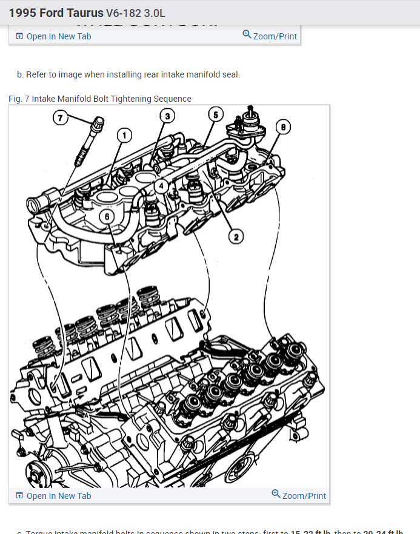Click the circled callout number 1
click(124, 135)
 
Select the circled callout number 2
click(236, 236)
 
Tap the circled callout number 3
click(167, 116)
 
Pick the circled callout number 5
click(215, 114)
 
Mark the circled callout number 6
click(107, 216)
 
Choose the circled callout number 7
click(60, 117)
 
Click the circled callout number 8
click(282, 127)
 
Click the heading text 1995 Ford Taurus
click(56, 13)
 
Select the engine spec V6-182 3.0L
click(144, 13)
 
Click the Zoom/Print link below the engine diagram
click(304, 496)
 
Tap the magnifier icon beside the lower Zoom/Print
click(276, 494)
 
